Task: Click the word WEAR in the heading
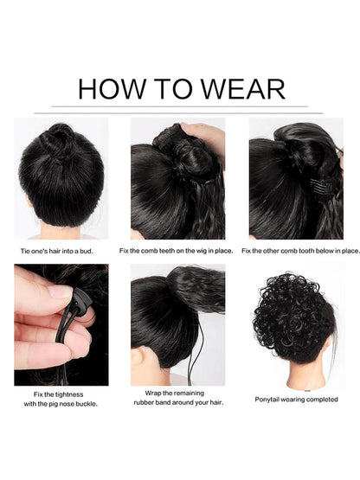242,89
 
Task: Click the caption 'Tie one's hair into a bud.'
56,252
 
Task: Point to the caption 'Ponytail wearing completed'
296,400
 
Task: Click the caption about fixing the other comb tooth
300,251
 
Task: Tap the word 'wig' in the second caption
202,251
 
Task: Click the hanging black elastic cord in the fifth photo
195,352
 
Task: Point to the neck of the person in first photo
60,231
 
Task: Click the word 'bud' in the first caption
86,252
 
